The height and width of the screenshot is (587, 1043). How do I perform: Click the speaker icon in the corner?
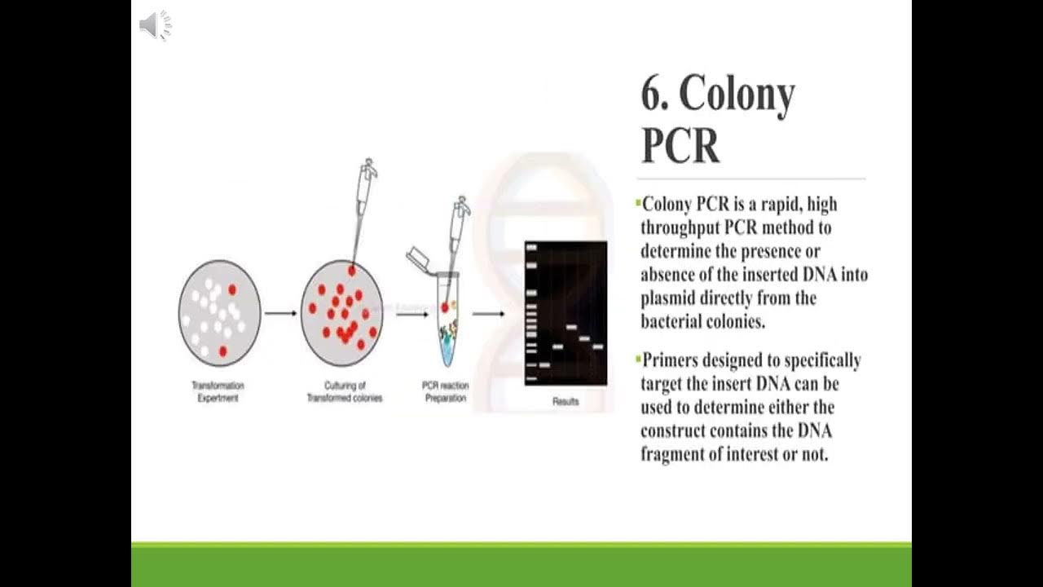tap(155, 26)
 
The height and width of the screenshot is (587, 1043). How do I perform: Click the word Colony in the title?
tap(737, 95)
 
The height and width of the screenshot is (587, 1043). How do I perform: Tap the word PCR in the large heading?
tap(680, 145)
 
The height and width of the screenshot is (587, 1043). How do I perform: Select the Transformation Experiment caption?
tap(218, 391)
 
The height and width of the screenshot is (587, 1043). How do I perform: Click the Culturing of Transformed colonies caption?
tap(345, 391)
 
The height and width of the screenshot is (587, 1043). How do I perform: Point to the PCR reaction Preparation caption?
tap(445, 391)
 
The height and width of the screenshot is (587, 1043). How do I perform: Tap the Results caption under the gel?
tap(566, 401)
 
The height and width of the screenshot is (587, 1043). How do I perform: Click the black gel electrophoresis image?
tap(566, 313)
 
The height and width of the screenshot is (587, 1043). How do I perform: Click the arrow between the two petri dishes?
tap(280, 313)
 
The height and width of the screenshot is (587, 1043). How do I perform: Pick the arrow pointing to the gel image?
tap(488, 313)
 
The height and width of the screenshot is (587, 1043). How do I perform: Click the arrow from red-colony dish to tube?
tap(412, 313)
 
